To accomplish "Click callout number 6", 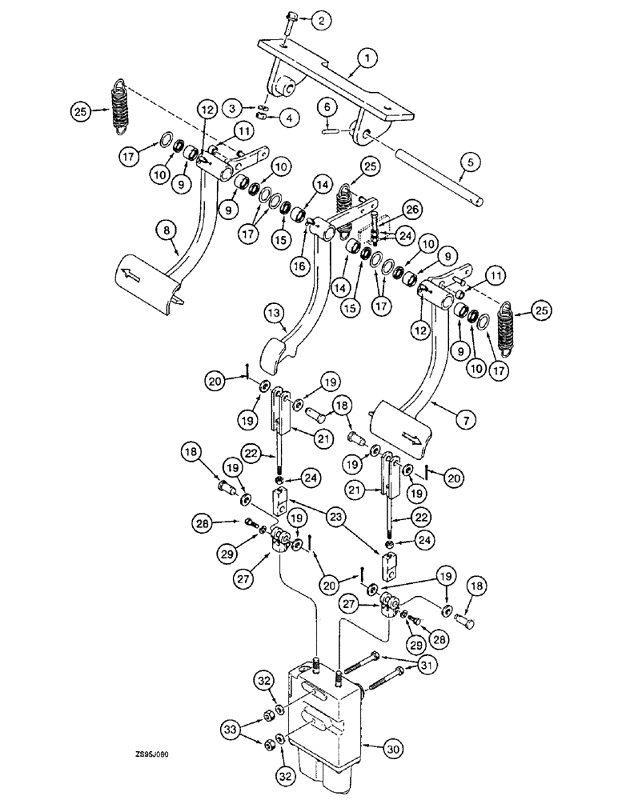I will click(326, 103).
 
